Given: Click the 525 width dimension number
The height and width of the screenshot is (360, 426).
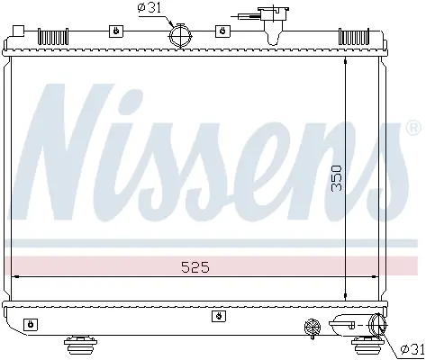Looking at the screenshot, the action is tap(195, 267).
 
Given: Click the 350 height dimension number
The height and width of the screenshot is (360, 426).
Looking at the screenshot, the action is tap(337, 178).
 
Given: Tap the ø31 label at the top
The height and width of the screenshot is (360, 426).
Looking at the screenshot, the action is tap(150, 8).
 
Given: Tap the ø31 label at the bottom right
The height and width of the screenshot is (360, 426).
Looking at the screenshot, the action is tap(413, 349).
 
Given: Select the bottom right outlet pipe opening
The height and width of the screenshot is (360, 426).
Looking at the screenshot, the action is tap(378, 325).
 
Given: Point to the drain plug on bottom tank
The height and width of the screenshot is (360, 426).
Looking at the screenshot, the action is tap(313, 327).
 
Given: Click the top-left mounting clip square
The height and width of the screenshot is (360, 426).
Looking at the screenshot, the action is tap(116, 31).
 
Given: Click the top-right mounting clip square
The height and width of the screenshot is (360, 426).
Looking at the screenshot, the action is tap(223, 31).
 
